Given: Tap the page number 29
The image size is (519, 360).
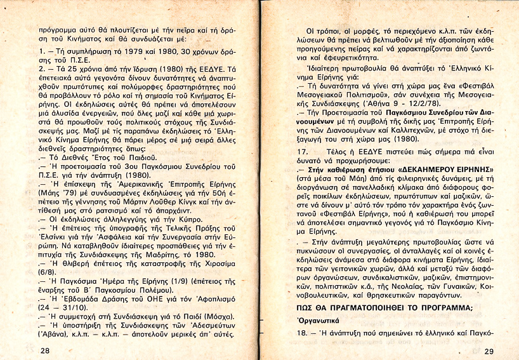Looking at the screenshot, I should [x=488, y=351].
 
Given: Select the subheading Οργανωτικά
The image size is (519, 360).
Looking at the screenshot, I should [x=321, y=321].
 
